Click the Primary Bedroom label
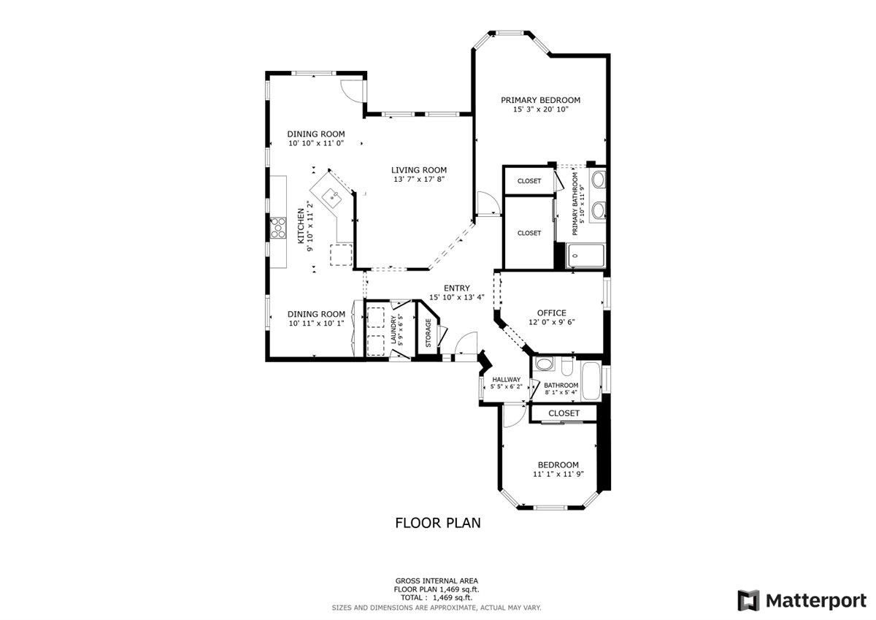[540, 100]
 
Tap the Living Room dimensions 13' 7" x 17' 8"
[419, 180]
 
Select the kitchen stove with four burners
[278, 228]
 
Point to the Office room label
[551, 313]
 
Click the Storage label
[429, 333]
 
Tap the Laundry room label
[393, 330]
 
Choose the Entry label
[457, 288]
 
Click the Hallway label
[507, 380]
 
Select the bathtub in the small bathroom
[591, 381]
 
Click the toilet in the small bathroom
[566, 366]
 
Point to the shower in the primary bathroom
[585, 256]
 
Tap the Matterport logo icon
[748, 600]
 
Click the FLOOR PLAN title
[438, 523]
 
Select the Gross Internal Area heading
[437, 581]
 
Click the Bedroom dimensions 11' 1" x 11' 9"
[558, 474]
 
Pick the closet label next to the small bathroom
[564, 413]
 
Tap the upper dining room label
[316, 134]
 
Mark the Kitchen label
[301, 226]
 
